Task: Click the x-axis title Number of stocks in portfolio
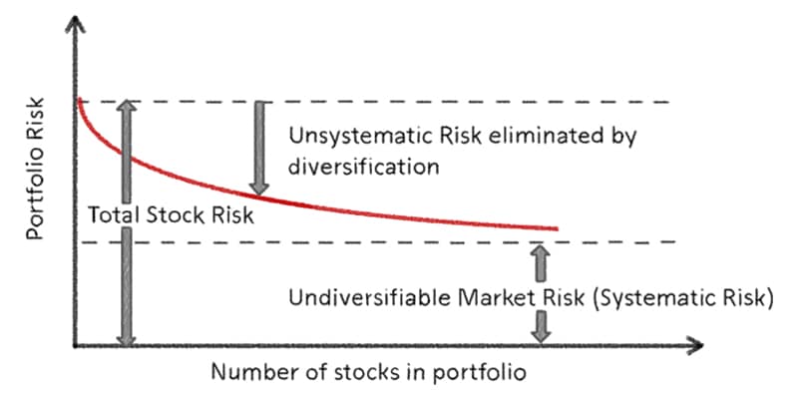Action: (x=367, y=373)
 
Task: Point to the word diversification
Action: (x=363, y=166)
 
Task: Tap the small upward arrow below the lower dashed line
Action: (x=541, y=261)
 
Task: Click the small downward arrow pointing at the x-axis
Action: (x=541, y=327)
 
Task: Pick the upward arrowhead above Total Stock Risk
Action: (x=126, y=107)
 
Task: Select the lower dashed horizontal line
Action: (x=399, y=242)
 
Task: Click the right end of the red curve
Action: (x=555, y=229)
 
